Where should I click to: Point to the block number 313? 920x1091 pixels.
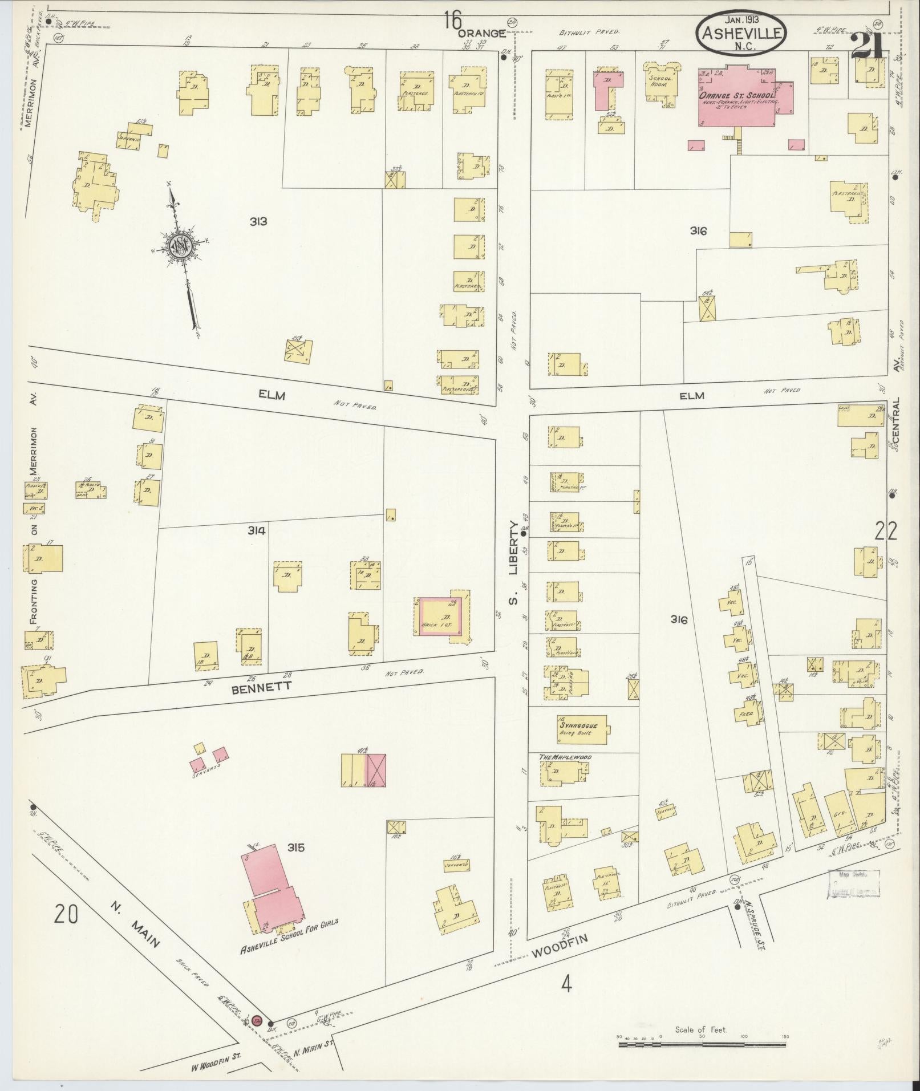point(258,221)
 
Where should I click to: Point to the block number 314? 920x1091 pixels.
point(257,530)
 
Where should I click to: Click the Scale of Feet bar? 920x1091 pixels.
point(702,1045)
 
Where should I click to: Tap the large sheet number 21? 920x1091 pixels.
point(867,47)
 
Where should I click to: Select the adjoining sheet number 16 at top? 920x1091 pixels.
point(453,21)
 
